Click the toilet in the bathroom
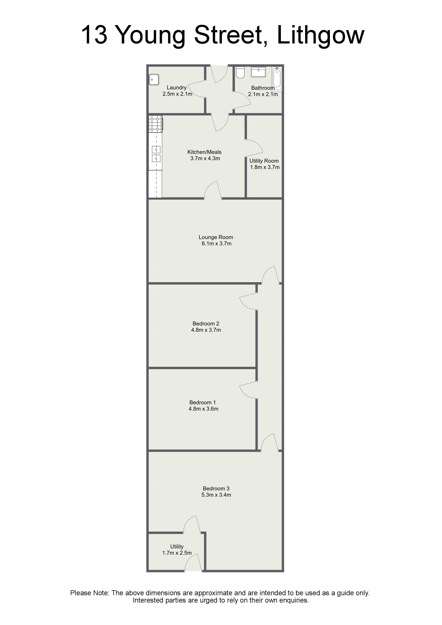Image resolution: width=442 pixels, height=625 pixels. (x=240, y=72)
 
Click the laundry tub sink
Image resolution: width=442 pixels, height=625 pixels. (x=154, y=80)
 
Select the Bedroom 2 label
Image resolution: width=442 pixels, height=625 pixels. (x=206, y=324)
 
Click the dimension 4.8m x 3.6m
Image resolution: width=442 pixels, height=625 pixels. (x=203, y=409)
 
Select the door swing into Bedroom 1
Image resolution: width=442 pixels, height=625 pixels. (x=248, y=390)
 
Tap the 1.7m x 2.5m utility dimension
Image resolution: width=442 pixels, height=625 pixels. (x=177, y=553)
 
